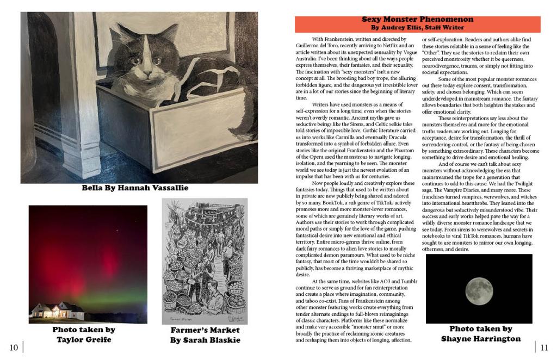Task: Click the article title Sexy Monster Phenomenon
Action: coord(417,20)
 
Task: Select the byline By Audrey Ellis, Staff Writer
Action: coord(417,27)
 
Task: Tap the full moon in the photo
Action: coord(479,288)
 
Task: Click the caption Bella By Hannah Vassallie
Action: coord(135,189)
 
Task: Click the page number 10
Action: coord(14,347)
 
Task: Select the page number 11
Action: coord(544,347)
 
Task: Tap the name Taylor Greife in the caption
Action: coord(84,339)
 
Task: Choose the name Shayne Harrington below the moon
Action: coord(480,339)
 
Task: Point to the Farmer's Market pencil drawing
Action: coord(205,261)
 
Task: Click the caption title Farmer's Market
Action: coord(205,330)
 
